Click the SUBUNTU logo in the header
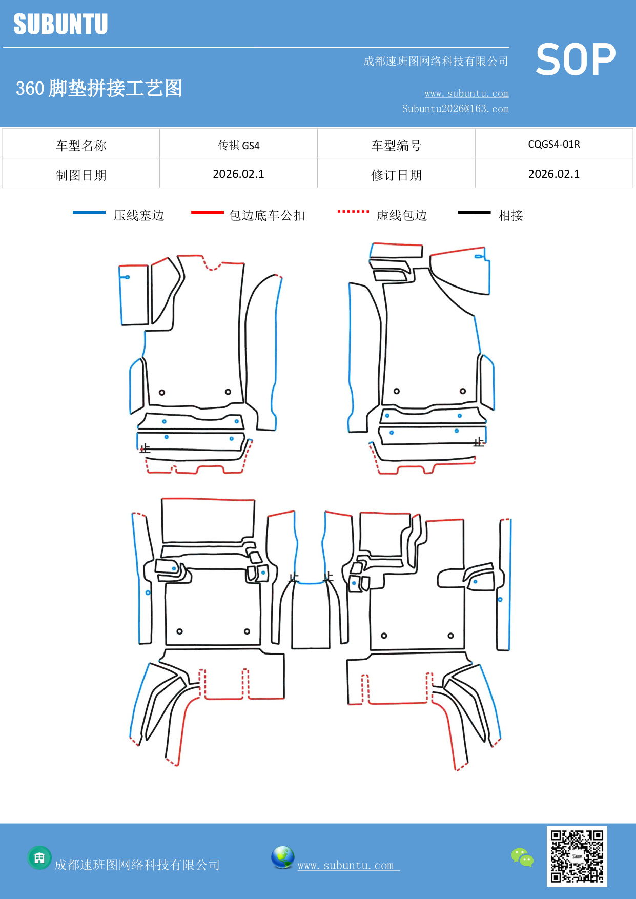(x=60, y=24)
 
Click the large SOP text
(x=576, y=59)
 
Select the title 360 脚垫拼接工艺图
(x=99, y=88)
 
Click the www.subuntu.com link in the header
(x=466, y=93)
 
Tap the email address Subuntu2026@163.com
(x=455, y=109)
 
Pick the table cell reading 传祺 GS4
(x=238, y=145)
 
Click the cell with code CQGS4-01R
(x=554, y=144)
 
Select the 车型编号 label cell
(x=396, y=146)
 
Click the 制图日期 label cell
(x=81, y=175)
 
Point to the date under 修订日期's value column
(x=554, y=174)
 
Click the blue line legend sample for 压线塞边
(x=89, y=212)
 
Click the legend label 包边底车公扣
(x=267, y=215)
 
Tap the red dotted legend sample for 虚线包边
(x=353, y=211)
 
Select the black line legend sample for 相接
(x=474, y=212)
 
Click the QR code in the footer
(x=577, y=856)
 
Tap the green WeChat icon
(x=522, y=857)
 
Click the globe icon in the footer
(x=282, y=857)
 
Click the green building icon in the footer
(x=39, y=857)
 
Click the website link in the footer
(x=347, y=865)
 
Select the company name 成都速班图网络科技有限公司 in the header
(x=436, y=62)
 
